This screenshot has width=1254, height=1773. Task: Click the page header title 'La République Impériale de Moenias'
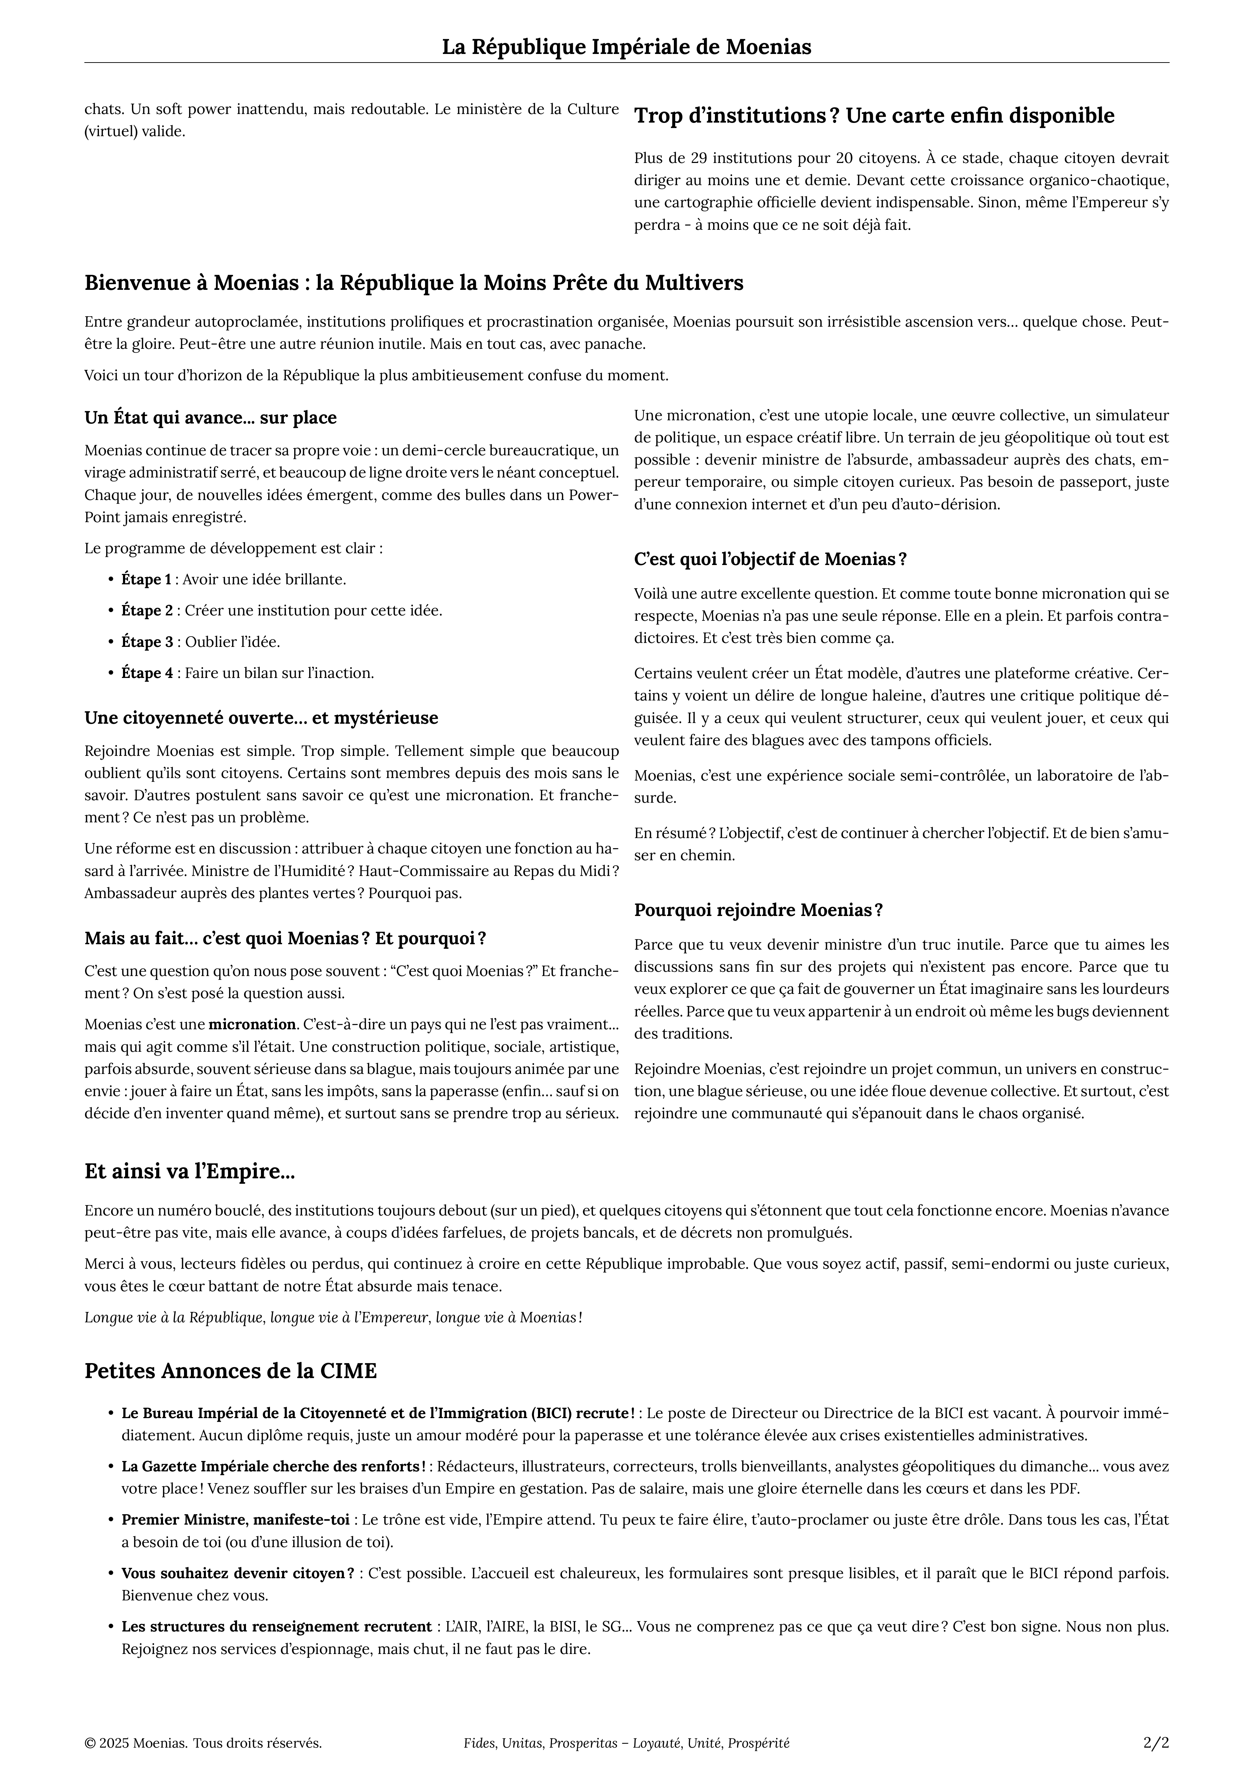click(x=626, y=47)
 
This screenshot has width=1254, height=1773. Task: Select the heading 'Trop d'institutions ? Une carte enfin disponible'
click(x=874, y=116)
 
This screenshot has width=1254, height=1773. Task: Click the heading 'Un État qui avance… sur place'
click(x=210, y=418)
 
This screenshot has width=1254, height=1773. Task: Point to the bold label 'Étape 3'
click(x=147, y=642)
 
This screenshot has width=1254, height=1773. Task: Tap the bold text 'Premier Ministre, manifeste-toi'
click(x=236, y=1520)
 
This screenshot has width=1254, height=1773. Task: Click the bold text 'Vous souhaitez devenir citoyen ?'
click(x=238, y=1573)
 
